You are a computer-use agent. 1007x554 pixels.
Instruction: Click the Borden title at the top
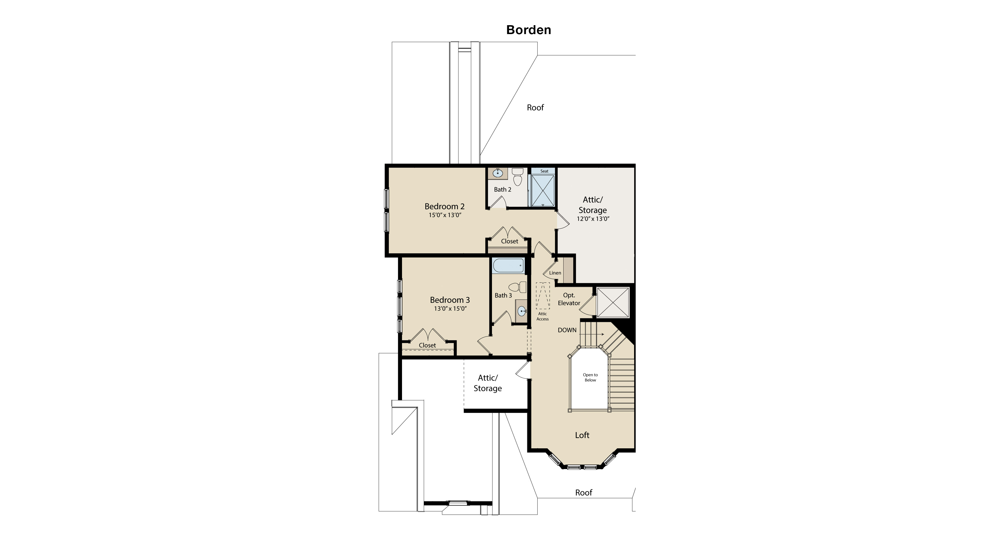528,30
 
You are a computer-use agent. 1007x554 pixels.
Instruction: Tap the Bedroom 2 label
444,206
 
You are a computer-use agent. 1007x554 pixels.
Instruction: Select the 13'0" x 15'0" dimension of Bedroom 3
450,309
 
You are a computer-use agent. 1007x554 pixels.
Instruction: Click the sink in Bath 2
498,174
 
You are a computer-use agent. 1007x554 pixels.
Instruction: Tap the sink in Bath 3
522,311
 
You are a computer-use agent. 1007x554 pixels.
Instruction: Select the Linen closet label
555,273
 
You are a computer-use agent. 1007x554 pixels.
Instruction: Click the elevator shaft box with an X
613,303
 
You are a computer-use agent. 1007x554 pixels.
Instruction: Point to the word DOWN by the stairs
567,330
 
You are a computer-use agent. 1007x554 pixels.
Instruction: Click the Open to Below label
590,377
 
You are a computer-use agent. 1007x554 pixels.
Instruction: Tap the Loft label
582,435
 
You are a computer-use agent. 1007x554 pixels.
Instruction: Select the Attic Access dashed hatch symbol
543,296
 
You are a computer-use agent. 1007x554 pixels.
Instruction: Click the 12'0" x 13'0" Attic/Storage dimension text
593,219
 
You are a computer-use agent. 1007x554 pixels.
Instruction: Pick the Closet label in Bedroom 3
427,345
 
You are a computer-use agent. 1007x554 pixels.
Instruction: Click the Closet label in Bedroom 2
509,241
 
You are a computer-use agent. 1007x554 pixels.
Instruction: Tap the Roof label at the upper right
535,107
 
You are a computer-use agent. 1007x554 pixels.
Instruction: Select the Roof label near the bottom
584,493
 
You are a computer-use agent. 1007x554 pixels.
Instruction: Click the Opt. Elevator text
569,299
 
